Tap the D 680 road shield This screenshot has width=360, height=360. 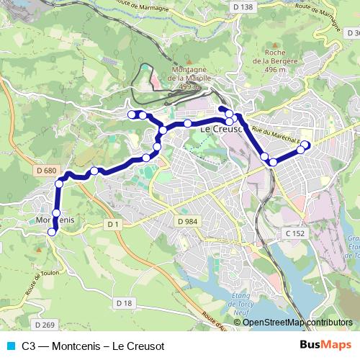click(45, 171)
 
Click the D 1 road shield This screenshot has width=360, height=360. click(112, 225)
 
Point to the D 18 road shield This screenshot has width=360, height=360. click(123, 303)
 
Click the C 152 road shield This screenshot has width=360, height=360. click(294, 233)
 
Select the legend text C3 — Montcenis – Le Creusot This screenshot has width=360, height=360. click(94, 345)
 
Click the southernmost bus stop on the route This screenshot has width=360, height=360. click(51, 231)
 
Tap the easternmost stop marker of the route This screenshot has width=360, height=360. click(305, 145)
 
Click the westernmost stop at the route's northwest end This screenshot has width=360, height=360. click(132, 114)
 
